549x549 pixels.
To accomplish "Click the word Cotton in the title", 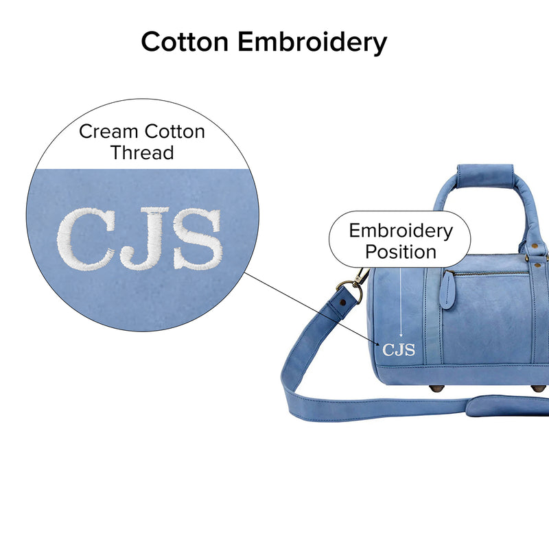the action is (185, 42).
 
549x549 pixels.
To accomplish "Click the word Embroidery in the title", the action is (312, 43).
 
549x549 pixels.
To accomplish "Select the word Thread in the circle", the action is (142, 152).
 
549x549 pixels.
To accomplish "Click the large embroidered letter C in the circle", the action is (86, 239).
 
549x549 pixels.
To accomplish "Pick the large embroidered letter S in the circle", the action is (198, 238).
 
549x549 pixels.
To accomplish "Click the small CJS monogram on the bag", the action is (399, 349).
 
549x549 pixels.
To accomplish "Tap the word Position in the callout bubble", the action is (401, 252).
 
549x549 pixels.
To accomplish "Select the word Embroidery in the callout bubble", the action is (401, 231).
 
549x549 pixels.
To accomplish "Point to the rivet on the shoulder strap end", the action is (342, 302).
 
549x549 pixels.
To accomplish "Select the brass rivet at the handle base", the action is (535, 247).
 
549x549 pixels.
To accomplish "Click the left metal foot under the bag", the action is (436, 388).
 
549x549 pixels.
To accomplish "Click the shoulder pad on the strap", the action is (508, 406).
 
